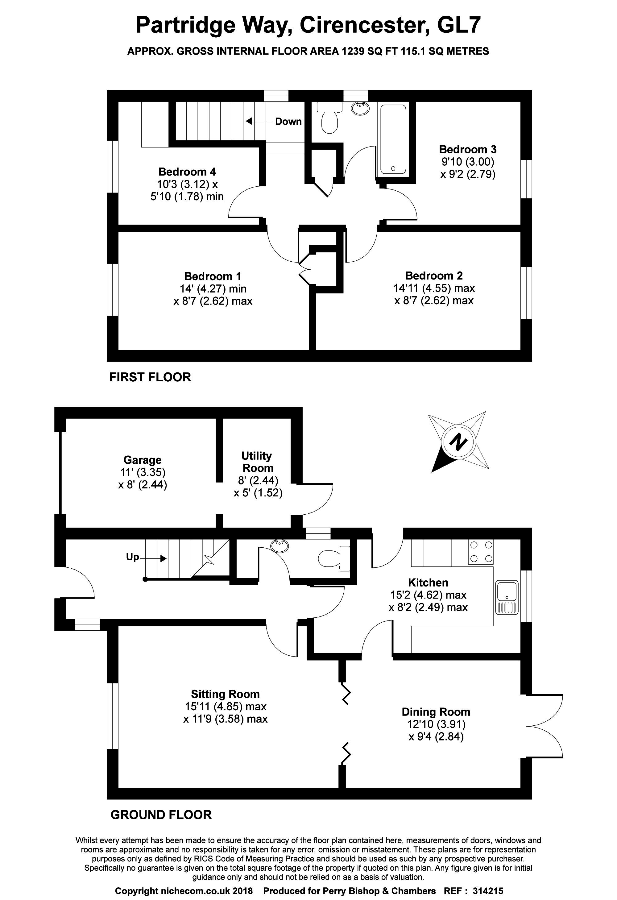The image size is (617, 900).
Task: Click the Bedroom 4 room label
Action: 187,172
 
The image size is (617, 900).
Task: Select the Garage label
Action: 143,460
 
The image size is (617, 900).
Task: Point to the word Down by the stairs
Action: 288,122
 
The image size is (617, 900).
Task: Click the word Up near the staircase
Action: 132,557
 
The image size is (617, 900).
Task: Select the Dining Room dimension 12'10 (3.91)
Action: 436,724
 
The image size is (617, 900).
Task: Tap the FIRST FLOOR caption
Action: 150,377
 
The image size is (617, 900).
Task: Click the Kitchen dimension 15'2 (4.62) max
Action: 428,595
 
